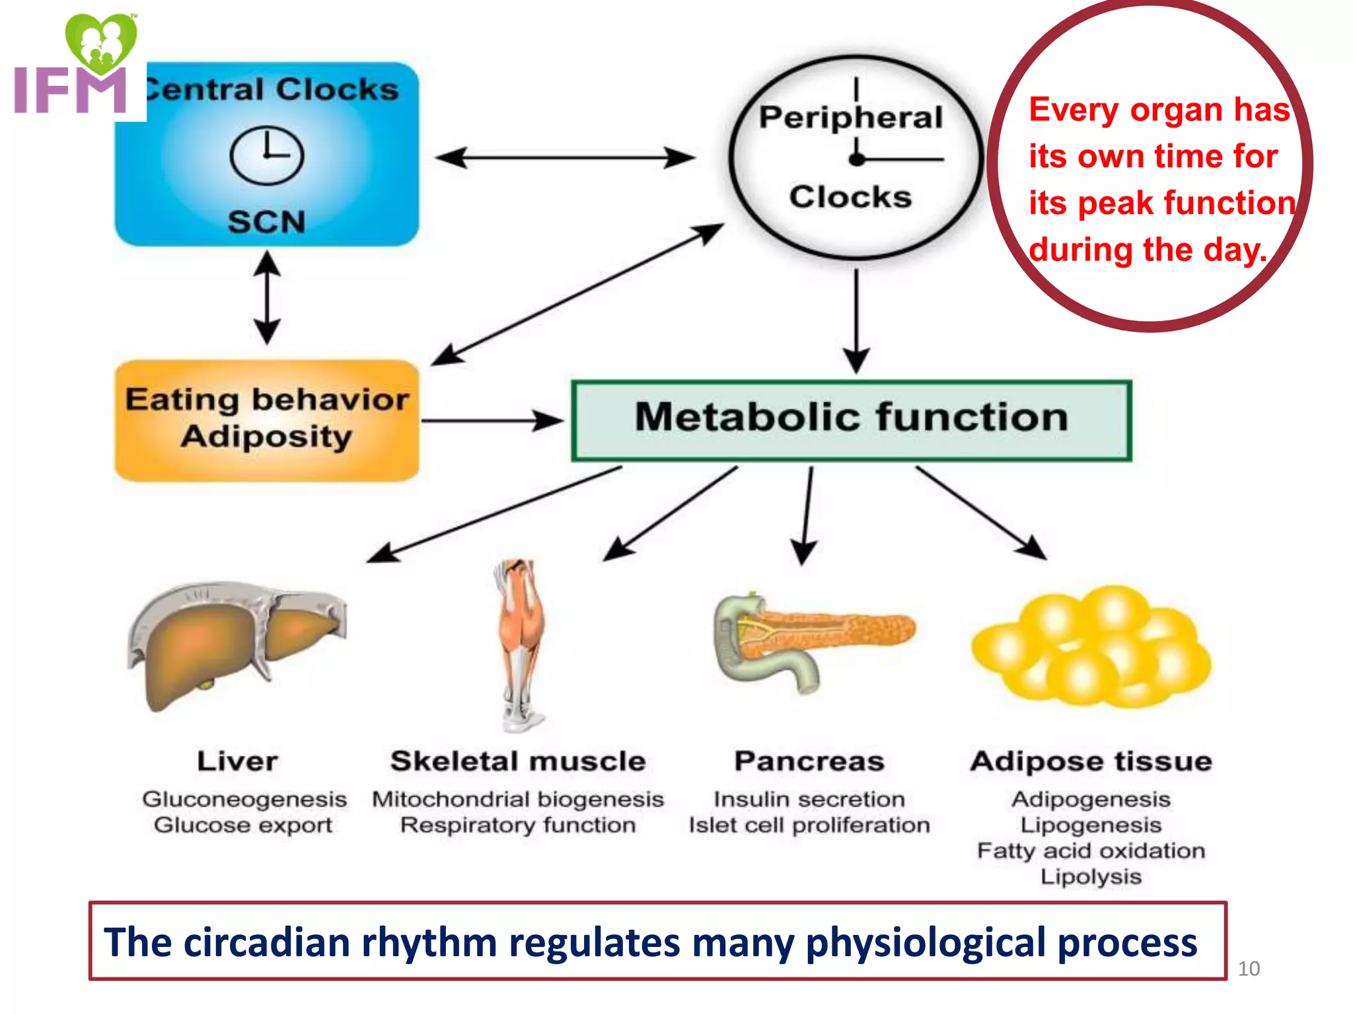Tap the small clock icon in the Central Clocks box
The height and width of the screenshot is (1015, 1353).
[x=266, y=155]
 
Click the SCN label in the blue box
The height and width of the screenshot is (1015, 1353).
[x=266, y=222]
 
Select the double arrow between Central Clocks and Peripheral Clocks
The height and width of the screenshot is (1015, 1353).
[x=566, y=158]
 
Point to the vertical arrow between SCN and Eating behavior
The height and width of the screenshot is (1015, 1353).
[x=267, y=297]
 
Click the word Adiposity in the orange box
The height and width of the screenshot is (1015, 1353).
[x=266, y=437]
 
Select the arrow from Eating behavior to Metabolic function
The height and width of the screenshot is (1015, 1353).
[x=492, y=420]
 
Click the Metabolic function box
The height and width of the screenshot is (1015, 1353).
[x=851, y=420]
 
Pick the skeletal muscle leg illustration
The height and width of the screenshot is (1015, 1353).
[x=521, y=644]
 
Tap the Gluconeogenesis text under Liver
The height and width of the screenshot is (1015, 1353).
[x=244, y=799]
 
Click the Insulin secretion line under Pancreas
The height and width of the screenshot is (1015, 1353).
[x=809, y=800]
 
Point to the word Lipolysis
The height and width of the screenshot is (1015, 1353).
[x=1091, y=877]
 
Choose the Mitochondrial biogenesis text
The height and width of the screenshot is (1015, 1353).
[x=518, y=800]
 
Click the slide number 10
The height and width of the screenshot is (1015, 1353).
[x=1249, y=969]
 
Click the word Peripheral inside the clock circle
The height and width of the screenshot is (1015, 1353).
[x=851, y=118]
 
